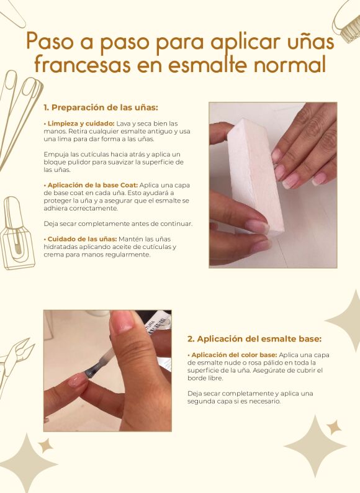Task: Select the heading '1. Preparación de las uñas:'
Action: point(101,107)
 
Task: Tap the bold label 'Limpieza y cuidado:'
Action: point(81,124)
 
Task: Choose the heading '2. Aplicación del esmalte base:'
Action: point(254,339)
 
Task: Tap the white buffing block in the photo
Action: point(255,176)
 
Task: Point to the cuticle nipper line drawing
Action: point(15,364)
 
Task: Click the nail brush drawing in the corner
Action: point(347,20)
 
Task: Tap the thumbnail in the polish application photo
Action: point(122,322)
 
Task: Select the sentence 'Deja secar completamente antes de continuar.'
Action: point(118,224)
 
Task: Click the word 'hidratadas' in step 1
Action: point(60,247)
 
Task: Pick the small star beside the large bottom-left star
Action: point(46,446)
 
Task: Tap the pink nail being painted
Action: point(78,381)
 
